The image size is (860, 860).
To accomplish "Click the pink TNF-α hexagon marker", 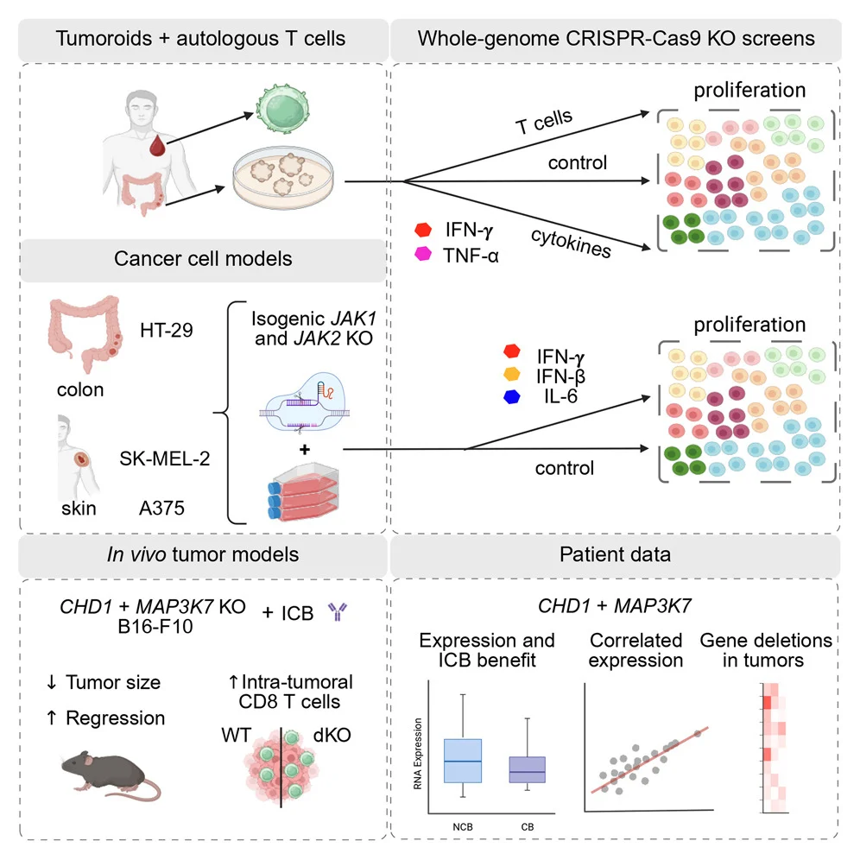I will click(424, 255).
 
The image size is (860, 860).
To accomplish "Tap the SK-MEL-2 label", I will click(165, 458).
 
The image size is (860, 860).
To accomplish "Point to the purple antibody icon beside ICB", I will click(334, 613).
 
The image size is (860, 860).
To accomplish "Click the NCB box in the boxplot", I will click(462, 760).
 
